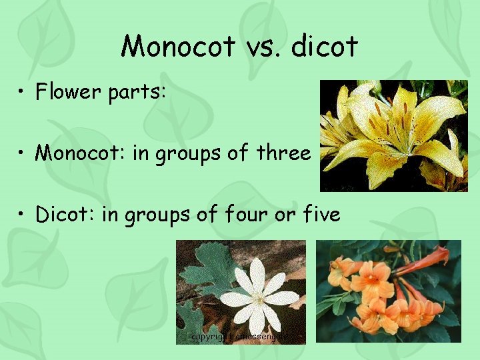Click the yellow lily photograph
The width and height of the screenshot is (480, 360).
click(394, 135)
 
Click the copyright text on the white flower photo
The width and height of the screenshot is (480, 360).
click(240, 337)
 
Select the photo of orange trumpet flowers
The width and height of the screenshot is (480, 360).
click(387, 292)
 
